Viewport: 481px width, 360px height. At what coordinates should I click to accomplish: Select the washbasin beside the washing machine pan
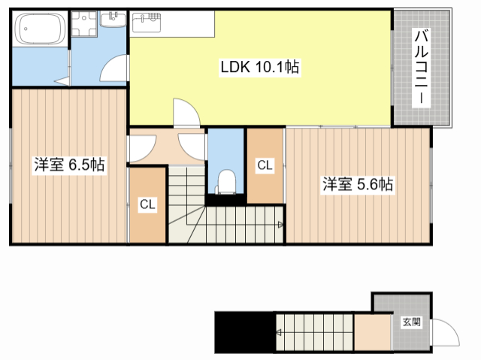click(x=114, y=18)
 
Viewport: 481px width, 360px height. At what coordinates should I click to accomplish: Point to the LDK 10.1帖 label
click(x=259, y=68)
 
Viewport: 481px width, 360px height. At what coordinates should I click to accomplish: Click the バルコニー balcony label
click(x=422, y=67)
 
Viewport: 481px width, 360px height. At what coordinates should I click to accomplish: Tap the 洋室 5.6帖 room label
click(x=358, y=184)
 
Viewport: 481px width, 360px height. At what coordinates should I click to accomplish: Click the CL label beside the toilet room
click(x=265, y=165)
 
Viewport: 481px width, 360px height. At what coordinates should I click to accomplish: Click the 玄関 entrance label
click(x=411, y=322)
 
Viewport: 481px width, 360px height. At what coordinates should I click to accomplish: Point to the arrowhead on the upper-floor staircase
click(x=280, y=224)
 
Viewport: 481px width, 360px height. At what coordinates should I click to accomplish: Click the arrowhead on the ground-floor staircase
click(x=279, y=331)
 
